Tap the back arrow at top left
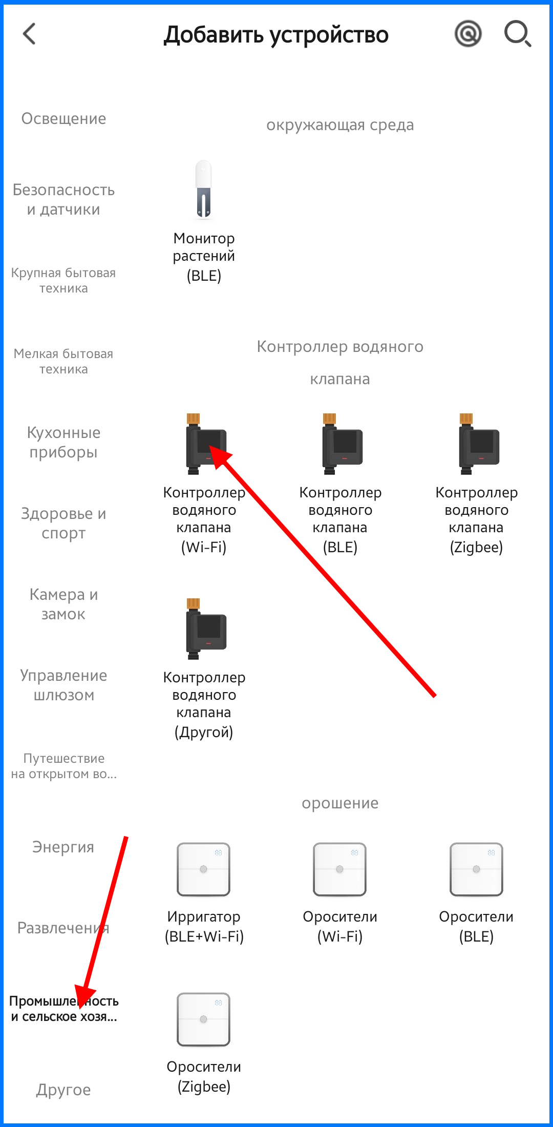[29, 34]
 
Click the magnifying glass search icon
[518, 34]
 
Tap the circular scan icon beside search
[468, 34]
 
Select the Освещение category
[63, 118]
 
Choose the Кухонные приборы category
[63, 442]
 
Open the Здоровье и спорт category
[63, 523]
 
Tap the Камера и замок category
[63, 604]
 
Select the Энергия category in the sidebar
[63, 847]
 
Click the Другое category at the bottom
[63, 1090]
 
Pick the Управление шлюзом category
[63, 685]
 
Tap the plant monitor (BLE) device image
[204, 190]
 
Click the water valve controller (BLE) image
[342, 444]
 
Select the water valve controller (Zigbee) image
[479, 444]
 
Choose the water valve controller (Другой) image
[206, 629]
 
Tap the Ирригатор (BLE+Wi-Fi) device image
[203, 869]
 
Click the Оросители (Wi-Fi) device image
[340, 869]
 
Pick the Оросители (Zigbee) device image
[203, 1019]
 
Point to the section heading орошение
[340, 803]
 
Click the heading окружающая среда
[340, 125]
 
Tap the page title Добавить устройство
[276, 35]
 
